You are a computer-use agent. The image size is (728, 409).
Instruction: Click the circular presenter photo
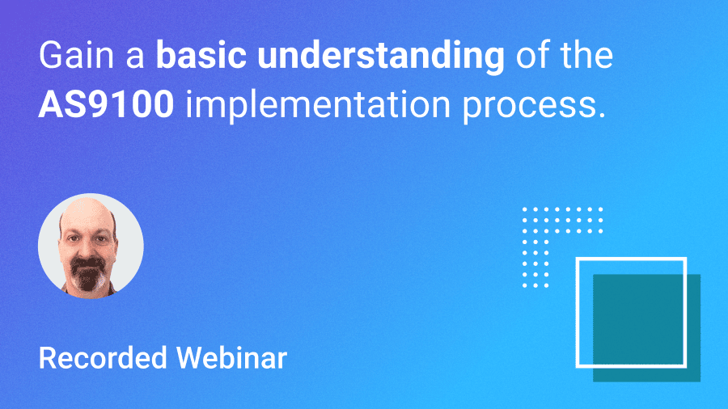(91, 246)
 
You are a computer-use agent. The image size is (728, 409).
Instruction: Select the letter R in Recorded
(47, 358)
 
